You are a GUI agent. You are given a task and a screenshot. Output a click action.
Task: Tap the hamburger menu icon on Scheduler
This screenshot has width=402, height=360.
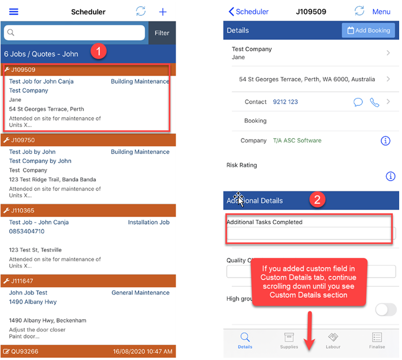click(14, 11)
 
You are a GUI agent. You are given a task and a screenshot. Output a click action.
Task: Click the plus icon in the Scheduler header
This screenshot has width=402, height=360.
click(163, 12)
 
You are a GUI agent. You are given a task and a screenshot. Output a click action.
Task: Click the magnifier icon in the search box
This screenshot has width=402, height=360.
click(11, 33)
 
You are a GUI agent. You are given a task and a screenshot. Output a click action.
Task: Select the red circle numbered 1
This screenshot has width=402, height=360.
click(98, 51)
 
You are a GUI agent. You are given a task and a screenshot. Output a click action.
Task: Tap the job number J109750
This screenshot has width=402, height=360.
click(23, 140)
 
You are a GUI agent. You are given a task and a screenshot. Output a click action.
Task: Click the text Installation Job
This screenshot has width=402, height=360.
click(149, 222)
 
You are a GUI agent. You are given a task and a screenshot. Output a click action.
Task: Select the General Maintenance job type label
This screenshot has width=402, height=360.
click(140, 293)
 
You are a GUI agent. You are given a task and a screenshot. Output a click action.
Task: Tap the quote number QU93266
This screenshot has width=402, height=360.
click(25, 352)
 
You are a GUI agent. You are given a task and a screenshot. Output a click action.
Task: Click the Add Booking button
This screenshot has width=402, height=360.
click(369, 30)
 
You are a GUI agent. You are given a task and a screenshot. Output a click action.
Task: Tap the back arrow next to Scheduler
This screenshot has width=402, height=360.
click(231, 11)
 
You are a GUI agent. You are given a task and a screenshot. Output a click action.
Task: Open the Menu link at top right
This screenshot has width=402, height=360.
click(381, 11)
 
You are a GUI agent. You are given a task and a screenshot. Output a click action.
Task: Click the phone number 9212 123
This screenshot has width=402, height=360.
click(286, 102)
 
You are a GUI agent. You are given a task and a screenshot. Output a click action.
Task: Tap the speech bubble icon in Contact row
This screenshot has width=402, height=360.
click(358, 102)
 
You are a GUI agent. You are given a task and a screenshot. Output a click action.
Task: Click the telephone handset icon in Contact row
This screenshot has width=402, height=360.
click(374, 102)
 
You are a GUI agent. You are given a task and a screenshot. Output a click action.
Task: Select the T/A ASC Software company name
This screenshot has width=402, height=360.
click(297, 140)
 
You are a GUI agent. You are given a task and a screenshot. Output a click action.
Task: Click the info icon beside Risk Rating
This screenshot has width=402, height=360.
click(391, 176)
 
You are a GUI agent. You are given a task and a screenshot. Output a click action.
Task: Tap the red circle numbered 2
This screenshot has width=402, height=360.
click(317, 200)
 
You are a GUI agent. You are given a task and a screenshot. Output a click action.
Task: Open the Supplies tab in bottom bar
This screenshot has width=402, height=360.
click(289, 341)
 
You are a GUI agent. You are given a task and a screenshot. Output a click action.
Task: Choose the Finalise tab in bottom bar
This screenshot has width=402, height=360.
click(377, 341)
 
